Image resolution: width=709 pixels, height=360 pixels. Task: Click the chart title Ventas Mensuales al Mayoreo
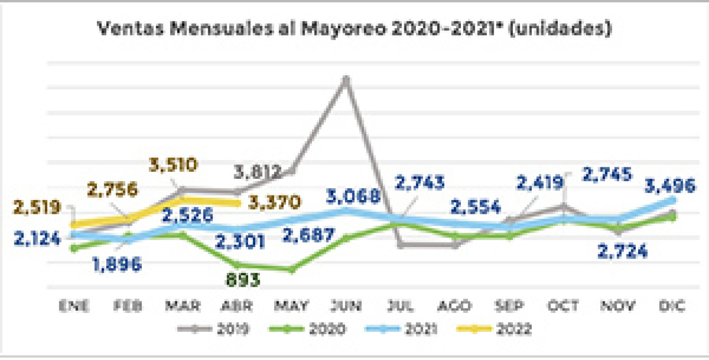click(x=354, y=29)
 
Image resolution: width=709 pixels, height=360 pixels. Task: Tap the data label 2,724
click(x=623, y=251)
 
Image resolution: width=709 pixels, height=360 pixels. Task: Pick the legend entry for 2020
click(x=311, y=329)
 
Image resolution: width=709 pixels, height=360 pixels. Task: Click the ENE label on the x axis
click(x=74, y=306)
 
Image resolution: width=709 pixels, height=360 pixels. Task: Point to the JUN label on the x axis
click(x=347, y=306)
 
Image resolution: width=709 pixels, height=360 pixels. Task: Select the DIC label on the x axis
click(x=672, y=306)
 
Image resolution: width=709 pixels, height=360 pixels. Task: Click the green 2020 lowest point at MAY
click(x=292, y=270)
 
